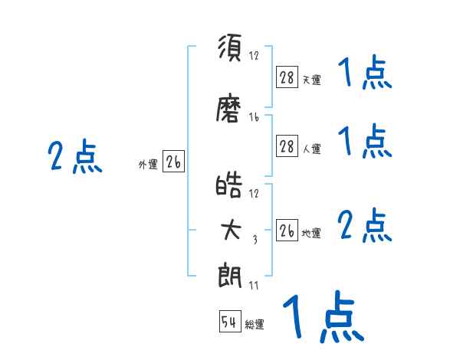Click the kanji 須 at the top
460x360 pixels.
(x=230, y=47)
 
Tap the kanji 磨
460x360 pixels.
(x=228, y=107)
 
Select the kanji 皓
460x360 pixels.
(x=228, y=185)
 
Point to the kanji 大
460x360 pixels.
(x=231, y=230)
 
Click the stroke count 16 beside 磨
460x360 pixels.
(x=254, y=117)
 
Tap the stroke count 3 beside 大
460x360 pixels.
(x=255, y=240)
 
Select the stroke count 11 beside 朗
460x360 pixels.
(x=254, y=286)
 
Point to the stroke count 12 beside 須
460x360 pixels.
(x=254, y=55)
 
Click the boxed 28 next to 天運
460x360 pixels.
(x=287, y=77)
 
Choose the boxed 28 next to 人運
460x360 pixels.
(x=287, y=146)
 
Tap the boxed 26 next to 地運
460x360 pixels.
(x=287, y=230)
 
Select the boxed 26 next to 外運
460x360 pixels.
(x=173, y=162)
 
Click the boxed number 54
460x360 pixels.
(x=230, y=321)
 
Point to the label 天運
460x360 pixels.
(x=312, y=80)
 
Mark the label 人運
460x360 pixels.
(x=312, y=149)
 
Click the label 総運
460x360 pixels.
(x=255, y=324)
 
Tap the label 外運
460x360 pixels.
(x=148, y=165)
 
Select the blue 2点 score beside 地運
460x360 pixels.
(x=365, y=225)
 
